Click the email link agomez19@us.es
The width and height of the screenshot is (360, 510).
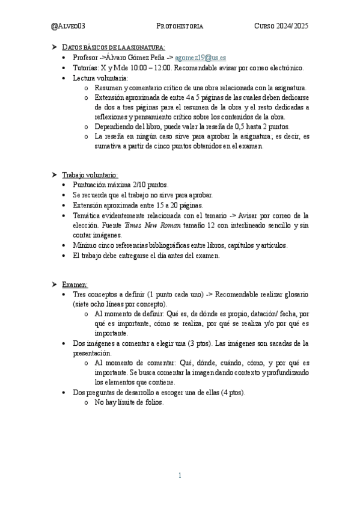coord(204,58)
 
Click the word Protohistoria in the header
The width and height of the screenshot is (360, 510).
coord(180,26)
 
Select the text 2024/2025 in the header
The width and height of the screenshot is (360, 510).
coord(291,26)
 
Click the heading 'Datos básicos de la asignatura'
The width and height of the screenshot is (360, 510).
coord(114,47)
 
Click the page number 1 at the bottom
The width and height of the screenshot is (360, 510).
coord(180,476)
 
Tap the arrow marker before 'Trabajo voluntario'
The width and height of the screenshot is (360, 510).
coord(55,174)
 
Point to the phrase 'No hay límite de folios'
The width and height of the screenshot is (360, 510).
coord(129,402)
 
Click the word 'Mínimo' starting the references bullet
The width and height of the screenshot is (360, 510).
coord(84,245)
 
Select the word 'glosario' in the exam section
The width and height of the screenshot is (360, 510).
coord(294,294)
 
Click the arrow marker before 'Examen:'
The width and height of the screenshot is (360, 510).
coord(55,284)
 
